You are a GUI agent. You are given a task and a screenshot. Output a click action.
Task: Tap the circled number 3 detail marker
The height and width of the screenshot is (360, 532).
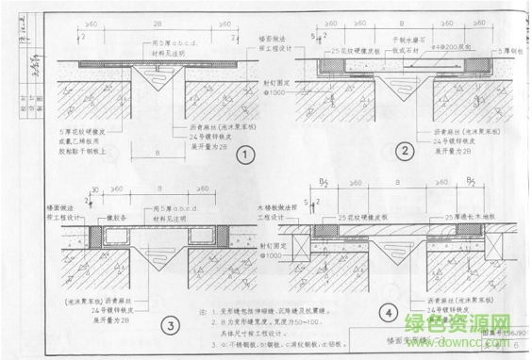click(171, 327)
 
